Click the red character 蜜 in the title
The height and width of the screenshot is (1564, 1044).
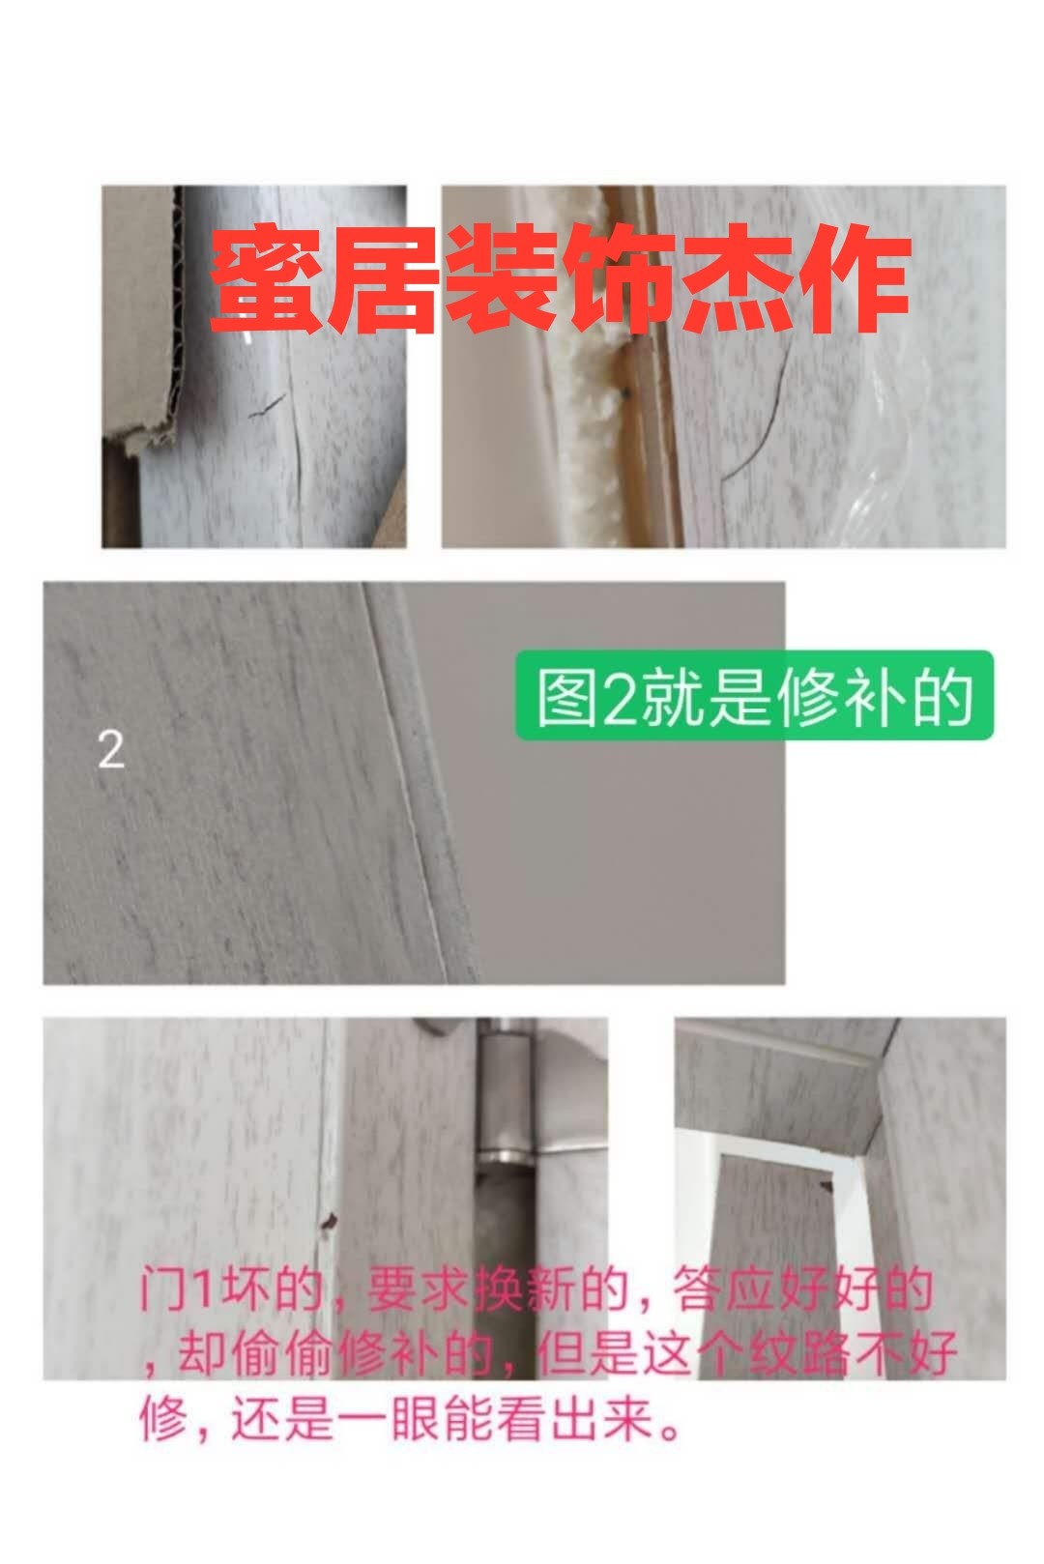[x=268, y=278]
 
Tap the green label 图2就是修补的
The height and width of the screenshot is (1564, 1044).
[x=754, y=696]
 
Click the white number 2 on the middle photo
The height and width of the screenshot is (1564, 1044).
[x=111, y=750]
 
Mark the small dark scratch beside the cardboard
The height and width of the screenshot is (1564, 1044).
[x=267, y=406]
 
